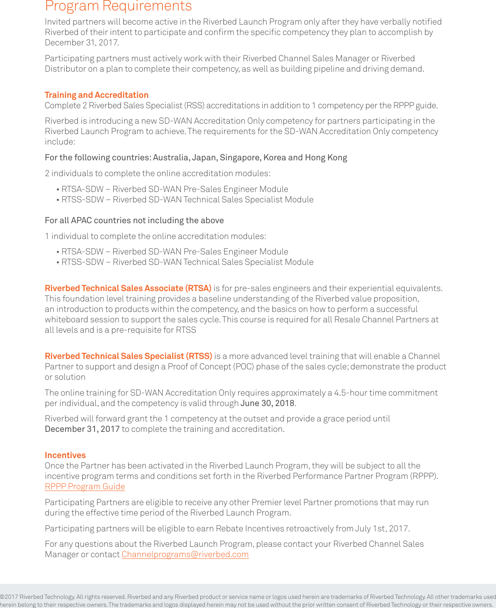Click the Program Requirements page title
[118, 6]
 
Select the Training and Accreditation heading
[96, 95]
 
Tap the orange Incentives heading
[65, 455]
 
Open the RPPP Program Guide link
[85, 486]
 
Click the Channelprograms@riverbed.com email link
[185, 554]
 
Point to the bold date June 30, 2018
[267, 403]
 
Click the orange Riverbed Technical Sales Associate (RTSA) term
[128, 288]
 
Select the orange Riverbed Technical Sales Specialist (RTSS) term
[128, 356]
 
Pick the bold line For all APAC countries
[134, 220]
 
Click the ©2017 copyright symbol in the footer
[2, 597]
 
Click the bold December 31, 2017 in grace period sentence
[82, 429]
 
